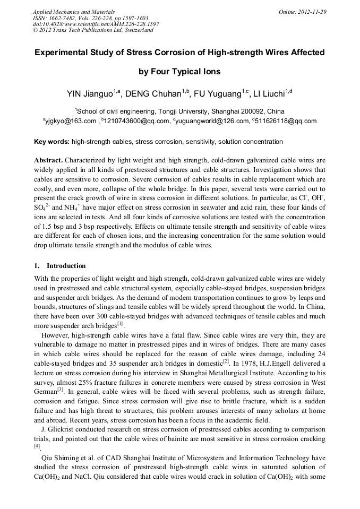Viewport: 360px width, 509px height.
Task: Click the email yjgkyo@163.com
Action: pyautogui.click(x=71, y=121)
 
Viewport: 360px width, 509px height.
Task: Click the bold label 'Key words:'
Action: pyautogui.click(x=52, y=142)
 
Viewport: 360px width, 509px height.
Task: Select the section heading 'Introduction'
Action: pyautogui.click(x=66, y=265)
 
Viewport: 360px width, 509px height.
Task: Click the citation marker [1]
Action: pyautogui.click(x=120, y=323)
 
